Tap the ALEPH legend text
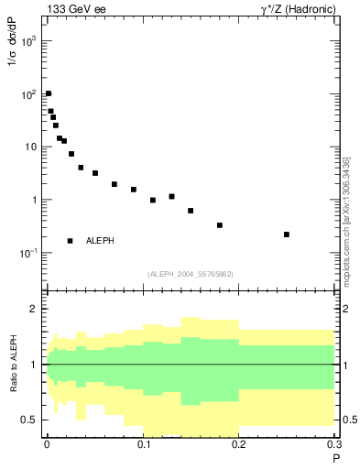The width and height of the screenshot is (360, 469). [x=101, y=241]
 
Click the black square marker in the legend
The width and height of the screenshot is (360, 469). [x=71, y=241]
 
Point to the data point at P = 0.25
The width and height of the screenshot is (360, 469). [x=287, y=234]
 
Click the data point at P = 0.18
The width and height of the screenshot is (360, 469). [x=220, y=225]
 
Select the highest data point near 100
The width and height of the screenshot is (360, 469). [x=49, y=93]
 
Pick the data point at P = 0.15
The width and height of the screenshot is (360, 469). [x=191, y=211]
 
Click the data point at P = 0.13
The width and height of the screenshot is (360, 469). [x=171, y=196]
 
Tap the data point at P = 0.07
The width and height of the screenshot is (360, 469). [x=115, y=184]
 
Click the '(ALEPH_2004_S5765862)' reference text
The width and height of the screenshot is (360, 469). [x=190, y=274]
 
